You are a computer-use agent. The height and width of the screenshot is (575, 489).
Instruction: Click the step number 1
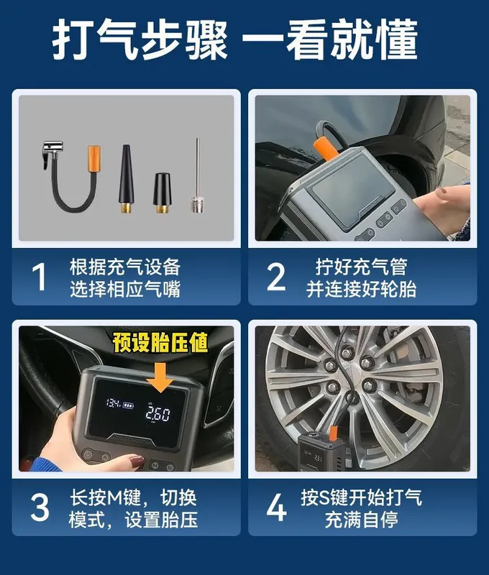pyautogui.click(x=40, y=277)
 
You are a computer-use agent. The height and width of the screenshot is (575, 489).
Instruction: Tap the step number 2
pyautogui.click(x=276, y=277)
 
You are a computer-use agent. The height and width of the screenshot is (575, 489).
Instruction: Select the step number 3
pyautogui.click(x=40, y=507)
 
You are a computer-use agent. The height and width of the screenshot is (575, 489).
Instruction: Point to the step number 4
pyautogui.click(x=276, y=507)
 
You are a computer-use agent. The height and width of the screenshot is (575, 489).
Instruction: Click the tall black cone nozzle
pyautogui.click(x=126, y=178)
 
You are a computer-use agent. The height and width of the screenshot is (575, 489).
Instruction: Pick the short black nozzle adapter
pyautogui.click(x=162, y=193)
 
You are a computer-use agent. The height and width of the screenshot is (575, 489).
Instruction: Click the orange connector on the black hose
pyautogui.click(x=93, y=158)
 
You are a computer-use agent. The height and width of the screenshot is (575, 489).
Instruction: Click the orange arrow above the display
pyautogui.click(x=160, y=378)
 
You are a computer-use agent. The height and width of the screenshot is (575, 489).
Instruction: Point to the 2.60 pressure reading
pyautogui.click(x=157, y=413)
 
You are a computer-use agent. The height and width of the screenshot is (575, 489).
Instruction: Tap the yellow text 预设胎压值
pyautogui.click(x=160, y=342)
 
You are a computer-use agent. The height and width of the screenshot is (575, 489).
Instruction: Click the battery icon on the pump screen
pyautogui.click(x=129, y=405)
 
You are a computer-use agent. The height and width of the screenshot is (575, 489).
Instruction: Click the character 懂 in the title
pyautogui.click(x=396, y=40)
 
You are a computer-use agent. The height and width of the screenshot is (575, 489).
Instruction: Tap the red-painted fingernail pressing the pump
pyautogui.click(x=137, y=461)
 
